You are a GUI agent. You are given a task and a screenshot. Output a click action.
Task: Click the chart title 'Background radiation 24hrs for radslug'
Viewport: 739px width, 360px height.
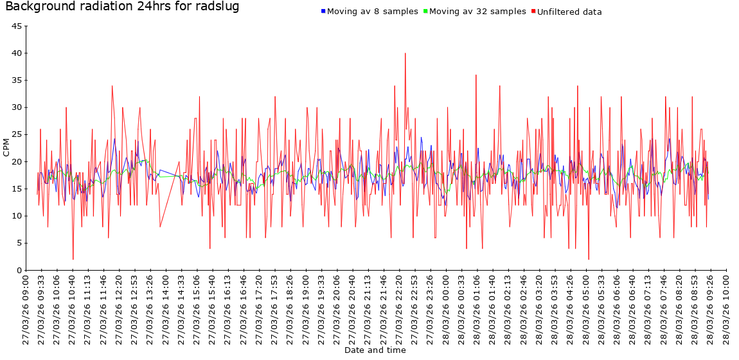click(x=122, y=7)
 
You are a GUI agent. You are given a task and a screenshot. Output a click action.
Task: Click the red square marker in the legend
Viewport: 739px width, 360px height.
click(x=533, y=12)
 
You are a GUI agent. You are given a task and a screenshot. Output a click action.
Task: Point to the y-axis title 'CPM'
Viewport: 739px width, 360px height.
click(x=6, y=148)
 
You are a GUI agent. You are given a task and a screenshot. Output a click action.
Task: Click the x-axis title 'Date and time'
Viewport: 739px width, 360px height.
click(x=375, y=350)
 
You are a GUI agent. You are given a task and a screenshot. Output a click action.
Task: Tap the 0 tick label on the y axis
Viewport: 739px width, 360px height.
click(x=19, y=271)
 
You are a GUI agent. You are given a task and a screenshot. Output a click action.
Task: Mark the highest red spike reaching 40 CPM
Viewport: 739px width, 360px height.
click(x=405, y=54)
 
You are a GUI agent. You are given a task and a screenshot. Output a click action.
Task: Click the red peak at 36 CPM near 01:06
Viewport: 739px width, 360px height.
click(x=476, y=76)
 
